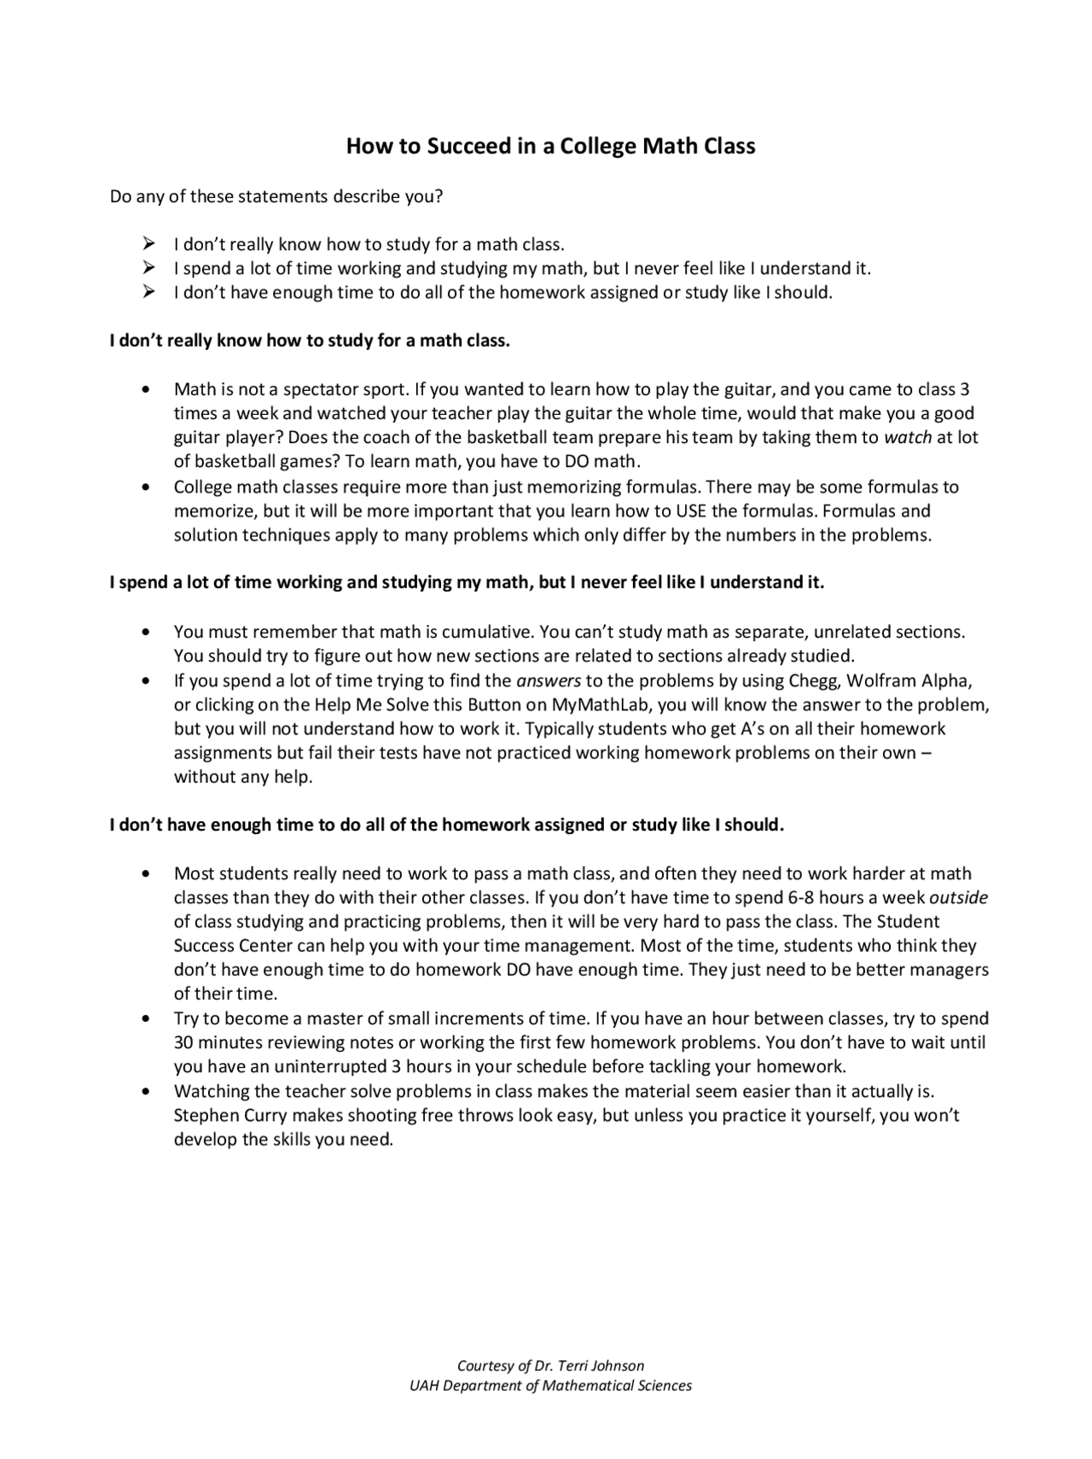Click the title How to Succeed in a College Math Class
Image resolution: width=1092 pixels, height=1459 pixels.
click(550, 146)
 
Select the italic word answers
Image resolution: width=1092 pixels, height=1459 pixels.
click(549, 681)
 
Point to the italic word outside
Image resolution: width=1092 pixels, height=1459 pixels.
click(958, 898)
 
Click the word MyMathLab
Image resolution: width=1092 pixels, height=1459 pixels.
click(599, 705)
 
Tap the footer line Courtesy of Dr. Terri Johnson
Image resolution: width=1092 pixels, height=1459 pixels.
click(550, 1366)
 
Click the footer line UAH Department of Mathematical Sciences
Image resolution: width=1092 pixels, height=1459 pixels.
click(550, 1386)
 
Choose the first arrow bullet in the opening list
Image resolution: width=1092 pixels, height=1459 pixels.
click(148, 244)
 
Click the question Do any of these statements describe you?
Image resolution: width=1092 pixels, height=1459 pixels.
click(276, 196)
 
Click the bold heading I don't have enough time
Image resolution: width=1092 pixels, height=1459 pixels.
click(446, 826)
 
